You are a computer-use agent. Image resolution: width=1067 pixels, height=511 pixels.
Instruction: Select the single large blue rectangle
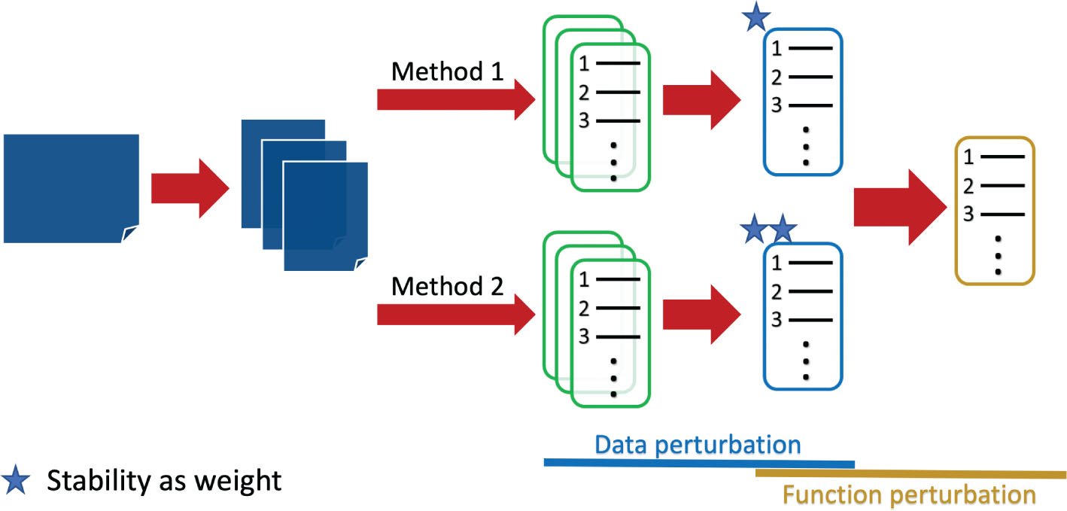point(71,188)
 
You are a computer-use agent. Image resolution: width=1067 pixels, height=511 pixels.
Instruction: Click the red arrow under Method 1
point(455,99)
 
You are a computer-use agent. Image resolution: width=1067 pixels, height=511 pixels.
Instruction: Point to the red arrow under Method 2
point(455,315)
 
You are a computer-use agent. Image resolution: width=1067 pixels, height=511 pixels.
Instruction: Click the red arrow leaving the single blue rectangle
point(190,188)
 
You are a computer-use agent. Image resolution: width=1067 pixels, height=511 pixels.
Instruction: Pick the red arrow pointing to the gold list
point(899,207)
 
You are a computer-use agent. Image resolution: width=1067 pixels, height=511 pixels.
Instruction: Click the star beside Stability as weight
point(17,481)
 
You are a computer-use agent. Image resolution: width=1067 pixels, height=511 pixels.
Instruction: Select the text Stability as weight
point(164,480)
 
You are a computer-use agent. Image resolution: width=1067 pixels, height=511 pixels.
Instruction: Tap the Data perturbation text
point(698,445)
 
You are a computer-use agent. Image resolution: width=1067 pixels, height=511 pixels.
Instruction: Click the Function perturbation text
point(909,495)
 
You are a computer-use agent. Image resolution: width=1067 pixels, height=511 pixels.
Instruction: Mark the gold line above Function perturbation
point(910,473)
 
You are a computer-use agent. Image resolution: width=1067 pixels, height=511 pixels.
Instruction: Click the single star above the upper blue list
point(755,19)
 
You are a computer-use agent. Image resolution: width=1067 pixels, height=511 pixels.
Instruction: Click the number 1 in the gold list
point(968,158)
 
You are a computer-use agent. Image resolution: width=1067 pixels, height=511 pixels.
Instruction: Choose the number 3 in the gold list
point(968,214)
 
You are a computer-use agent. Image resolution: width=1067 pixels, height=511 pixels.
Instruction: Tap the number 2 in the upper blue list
point(777,78)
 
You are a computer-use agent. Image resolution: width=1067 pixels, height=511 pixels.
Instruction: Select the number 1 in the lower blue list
point(777,263)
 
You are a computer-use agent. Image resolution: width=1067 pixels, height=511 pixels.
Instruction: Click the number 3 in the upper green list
point(584,121)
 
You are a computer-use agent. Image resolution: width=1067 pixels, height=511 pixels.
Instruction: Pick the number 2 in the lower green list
point(584,309)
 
